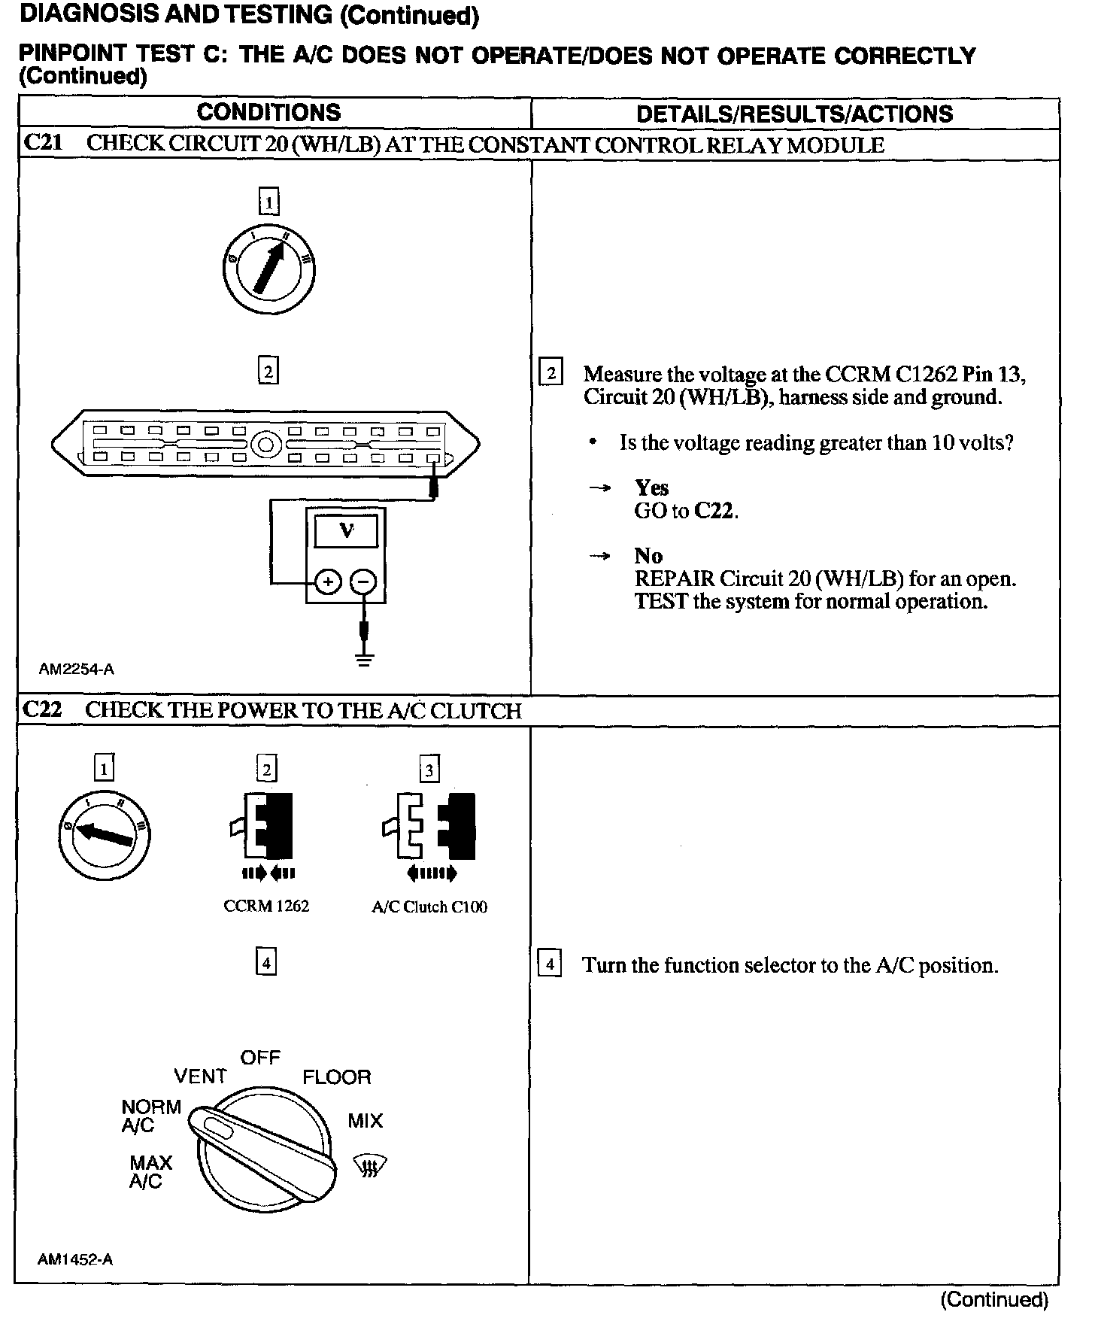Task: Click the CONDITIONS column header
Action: coord(268,113)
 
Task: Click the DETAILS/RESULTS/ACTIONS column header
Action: coord(794,114)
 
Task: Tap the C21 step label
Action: coord(43,144)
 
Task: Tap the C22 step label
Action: coord(43,709)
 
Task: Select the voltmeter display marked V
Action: coord(346,531)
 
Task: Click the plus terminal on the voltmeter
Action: coord(327,582)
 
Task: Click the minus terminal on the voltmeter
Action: coord(364,582)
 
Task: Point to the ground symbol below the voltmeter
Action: coord(364,660)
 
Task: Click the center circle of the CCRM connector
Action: coord(265,445)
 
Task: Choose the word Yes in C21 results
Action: coord(651,487)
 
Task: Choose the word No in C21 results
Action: coord(648,556)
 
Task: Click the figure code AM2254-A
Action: coord(77,669)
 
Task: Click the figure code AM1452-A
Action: coord(75,1259)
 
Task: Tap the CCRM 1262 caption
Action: coord(266,906)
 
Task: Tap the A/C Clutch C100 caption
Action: coord(429,907)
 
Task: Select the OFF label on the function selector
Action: coord(260,1057)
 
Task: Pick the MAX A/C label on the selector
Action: coord(150,1172)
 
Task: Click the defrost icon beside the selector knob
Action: coord(370,1167)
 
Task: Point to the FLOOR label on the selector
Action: coord(337,1077)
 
